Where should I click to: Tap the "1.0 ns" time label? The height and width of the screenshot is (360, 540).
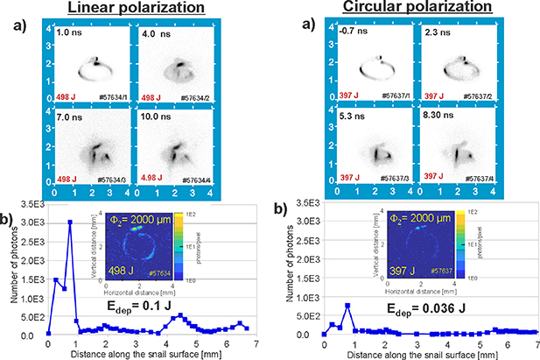click(69, 33)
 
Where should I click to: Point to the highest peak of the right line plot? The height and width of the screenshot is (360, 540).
click(347, 305)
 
